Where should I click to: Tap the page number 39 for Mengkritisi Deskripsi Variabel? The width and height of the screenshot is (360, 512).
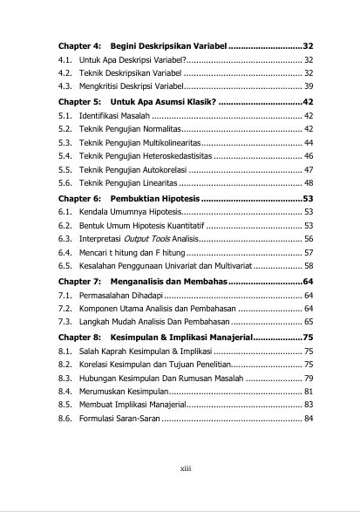pos(309,86)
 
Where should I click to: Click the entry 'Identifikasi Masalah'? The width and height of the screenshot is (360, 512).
pos(114,114)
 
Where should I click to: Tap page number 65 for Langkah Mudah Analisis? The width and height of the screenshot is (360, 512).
pos(309,322)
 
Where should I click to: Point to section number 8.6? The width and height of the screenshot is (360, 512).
pos(65,419)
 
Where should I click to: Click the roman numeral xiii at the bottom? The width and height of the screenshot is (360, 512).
pos(185,467)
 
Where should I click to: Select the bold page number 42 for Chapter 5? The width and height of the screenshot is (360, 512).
pos(309,100)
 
